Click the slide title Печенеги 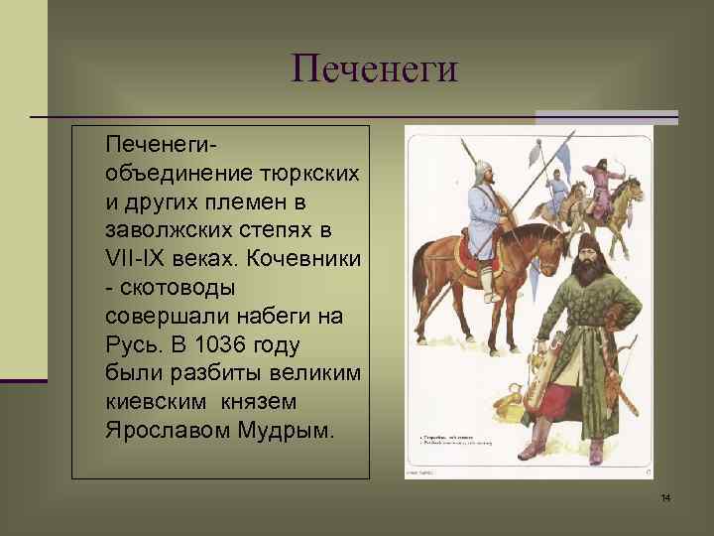click(x=375, y=68)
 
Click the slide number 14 click(x=665, y=497)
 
